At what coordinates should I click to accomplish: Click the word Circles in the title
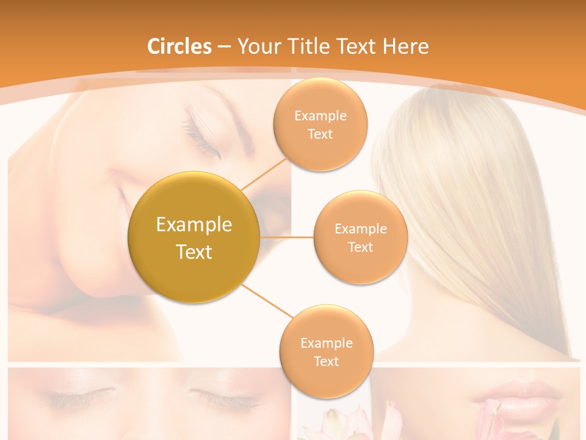click(179, 46)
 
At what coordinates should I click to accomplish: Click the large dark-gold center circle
click(194, 237)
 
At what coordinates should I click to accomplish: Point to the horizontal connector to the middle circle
click(287, 237)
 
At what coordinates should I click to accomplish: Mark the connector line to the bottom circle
click(269, 301)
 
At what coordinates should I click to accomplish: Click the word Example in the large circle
click(194, 224)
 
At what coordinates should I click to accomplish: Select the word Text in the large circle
click(194, 252)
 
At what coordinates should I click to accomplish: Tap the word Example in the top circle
click(320, 116)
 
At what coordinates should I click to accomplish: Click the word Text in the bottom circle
click(326, 362)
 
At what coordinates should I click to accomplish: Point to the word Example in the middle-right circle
click(361, 229)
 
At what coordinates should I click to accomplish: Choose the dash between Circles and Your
click(223, 47)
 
